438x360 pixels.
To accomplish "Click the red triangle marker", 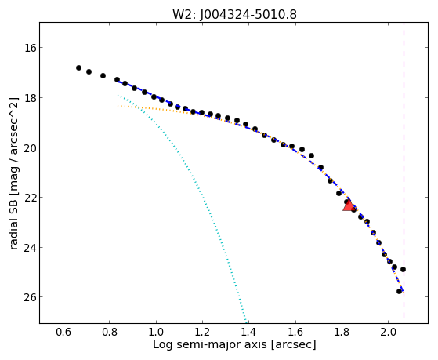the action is (x=349, y=205).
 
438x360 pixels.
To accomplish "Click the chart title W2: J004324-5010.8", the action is (x=234, y=14).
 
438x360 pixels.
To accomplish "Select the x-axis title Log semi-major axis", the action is (x=234, y=344).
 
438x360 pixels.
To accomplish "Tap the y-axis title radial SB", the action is (x=13, y=173).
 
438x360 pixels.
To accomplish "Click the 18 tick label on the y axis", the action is (x=31, y=97).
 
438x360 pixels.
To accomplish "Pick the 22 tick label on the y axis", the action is (x=31, y=197).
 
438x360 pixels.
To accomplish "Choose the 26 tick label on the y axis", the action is (x=31, y=296).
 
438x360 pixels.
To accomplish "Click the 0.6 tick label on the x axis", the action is (x=63, y=332).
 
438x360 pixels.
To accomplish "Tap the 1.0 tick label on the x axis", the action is (x=156, y=332).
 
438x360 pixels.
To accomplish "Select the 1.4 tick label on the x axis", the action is (x=249, y=332).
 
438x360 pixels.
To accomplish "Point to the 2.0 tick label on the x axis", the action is (x=389, y=332).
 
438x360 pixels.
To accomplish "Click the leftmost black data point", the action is (x=79, y=67).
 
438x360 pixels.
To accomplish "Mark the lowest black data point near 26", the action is (x=399, y=291).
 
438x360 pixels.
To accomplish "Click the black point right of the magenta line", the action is (x=403, y=269).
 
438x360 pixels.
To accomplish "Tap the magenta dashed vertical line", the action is (x=404, y=170).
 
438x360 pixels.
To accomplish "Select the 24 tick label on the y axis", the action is (x=31, y=248).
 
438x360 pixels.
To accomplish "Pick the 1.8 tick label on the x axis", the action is (x=342, y=332).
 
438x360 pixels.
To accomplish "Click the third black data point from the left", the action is (x=103, y=75).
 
